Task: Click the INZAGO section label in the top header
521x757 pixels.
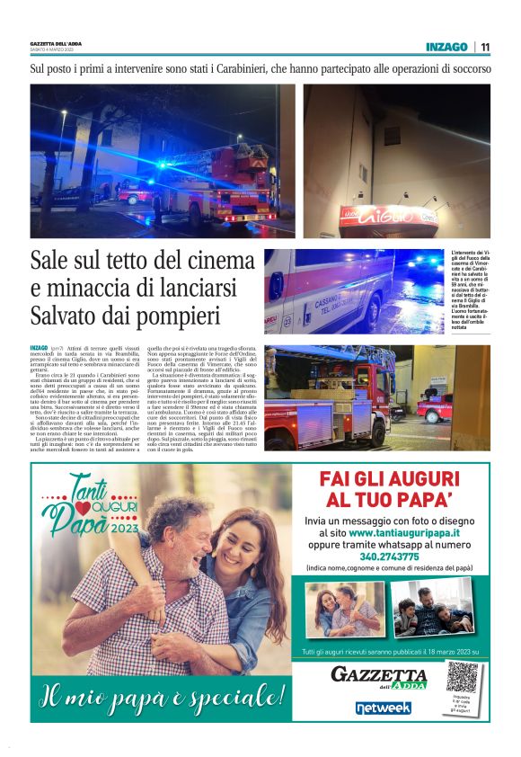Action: pos(446,47)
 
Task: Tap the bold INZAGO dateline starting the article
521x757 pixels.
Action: pos(39,347)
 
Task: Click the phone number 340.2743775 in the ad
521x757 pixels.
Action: pos(400,557)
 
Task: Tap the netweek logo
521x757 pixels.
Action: pos(384,708)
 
